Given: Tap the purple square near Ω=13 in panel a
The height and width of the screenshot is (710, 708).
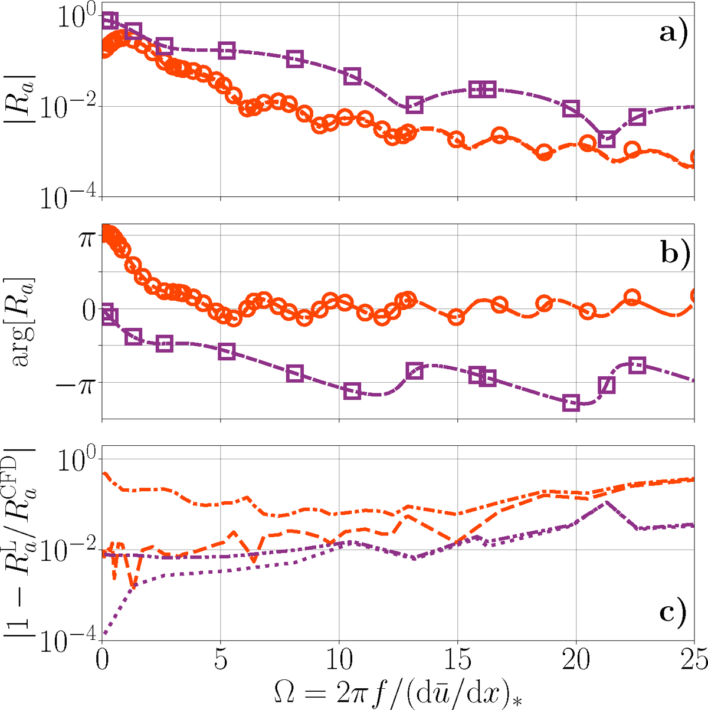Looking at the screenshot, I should pyautogui.click(x=415, y=105).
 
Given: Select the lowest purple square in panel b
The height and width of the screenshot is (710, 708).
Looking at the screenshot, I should pyautogui.click(x=571, y=403).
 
